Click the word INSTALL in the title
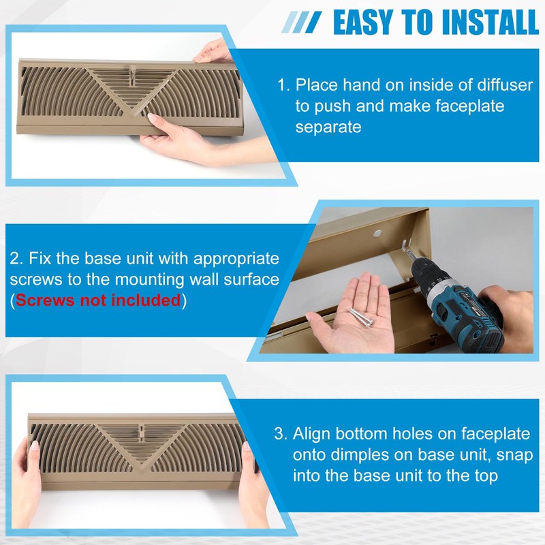click(x=489, y=22)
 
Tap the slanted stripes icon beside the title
click(x=302, y=23)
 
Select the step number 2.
click(x=14, y=259)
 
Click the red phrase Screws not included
click(x=98, y=300)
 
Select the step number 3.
click(x=279, y=434)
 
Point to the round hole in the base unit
click(x=377, y=234)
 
